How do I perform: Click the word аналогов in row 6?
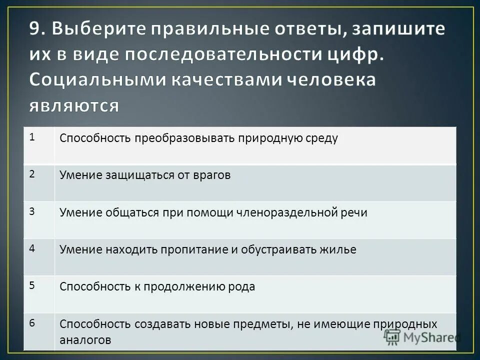pos(85,339)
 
